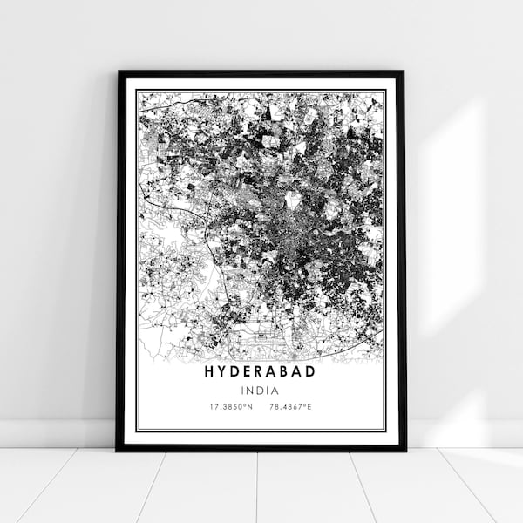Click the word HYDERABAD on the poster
261,370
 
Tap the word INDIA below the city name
261,390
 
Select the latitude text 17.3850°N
230,407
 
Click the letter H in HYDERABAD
210,370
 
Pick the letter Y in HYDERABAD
222,370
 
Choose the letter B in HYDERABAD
289,370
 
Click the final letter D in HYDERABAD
313,370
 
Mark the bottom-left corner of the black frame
118,449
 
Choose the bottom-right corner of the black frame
404,449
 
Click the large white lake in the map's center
292,200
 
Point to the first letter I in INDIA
245,390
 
